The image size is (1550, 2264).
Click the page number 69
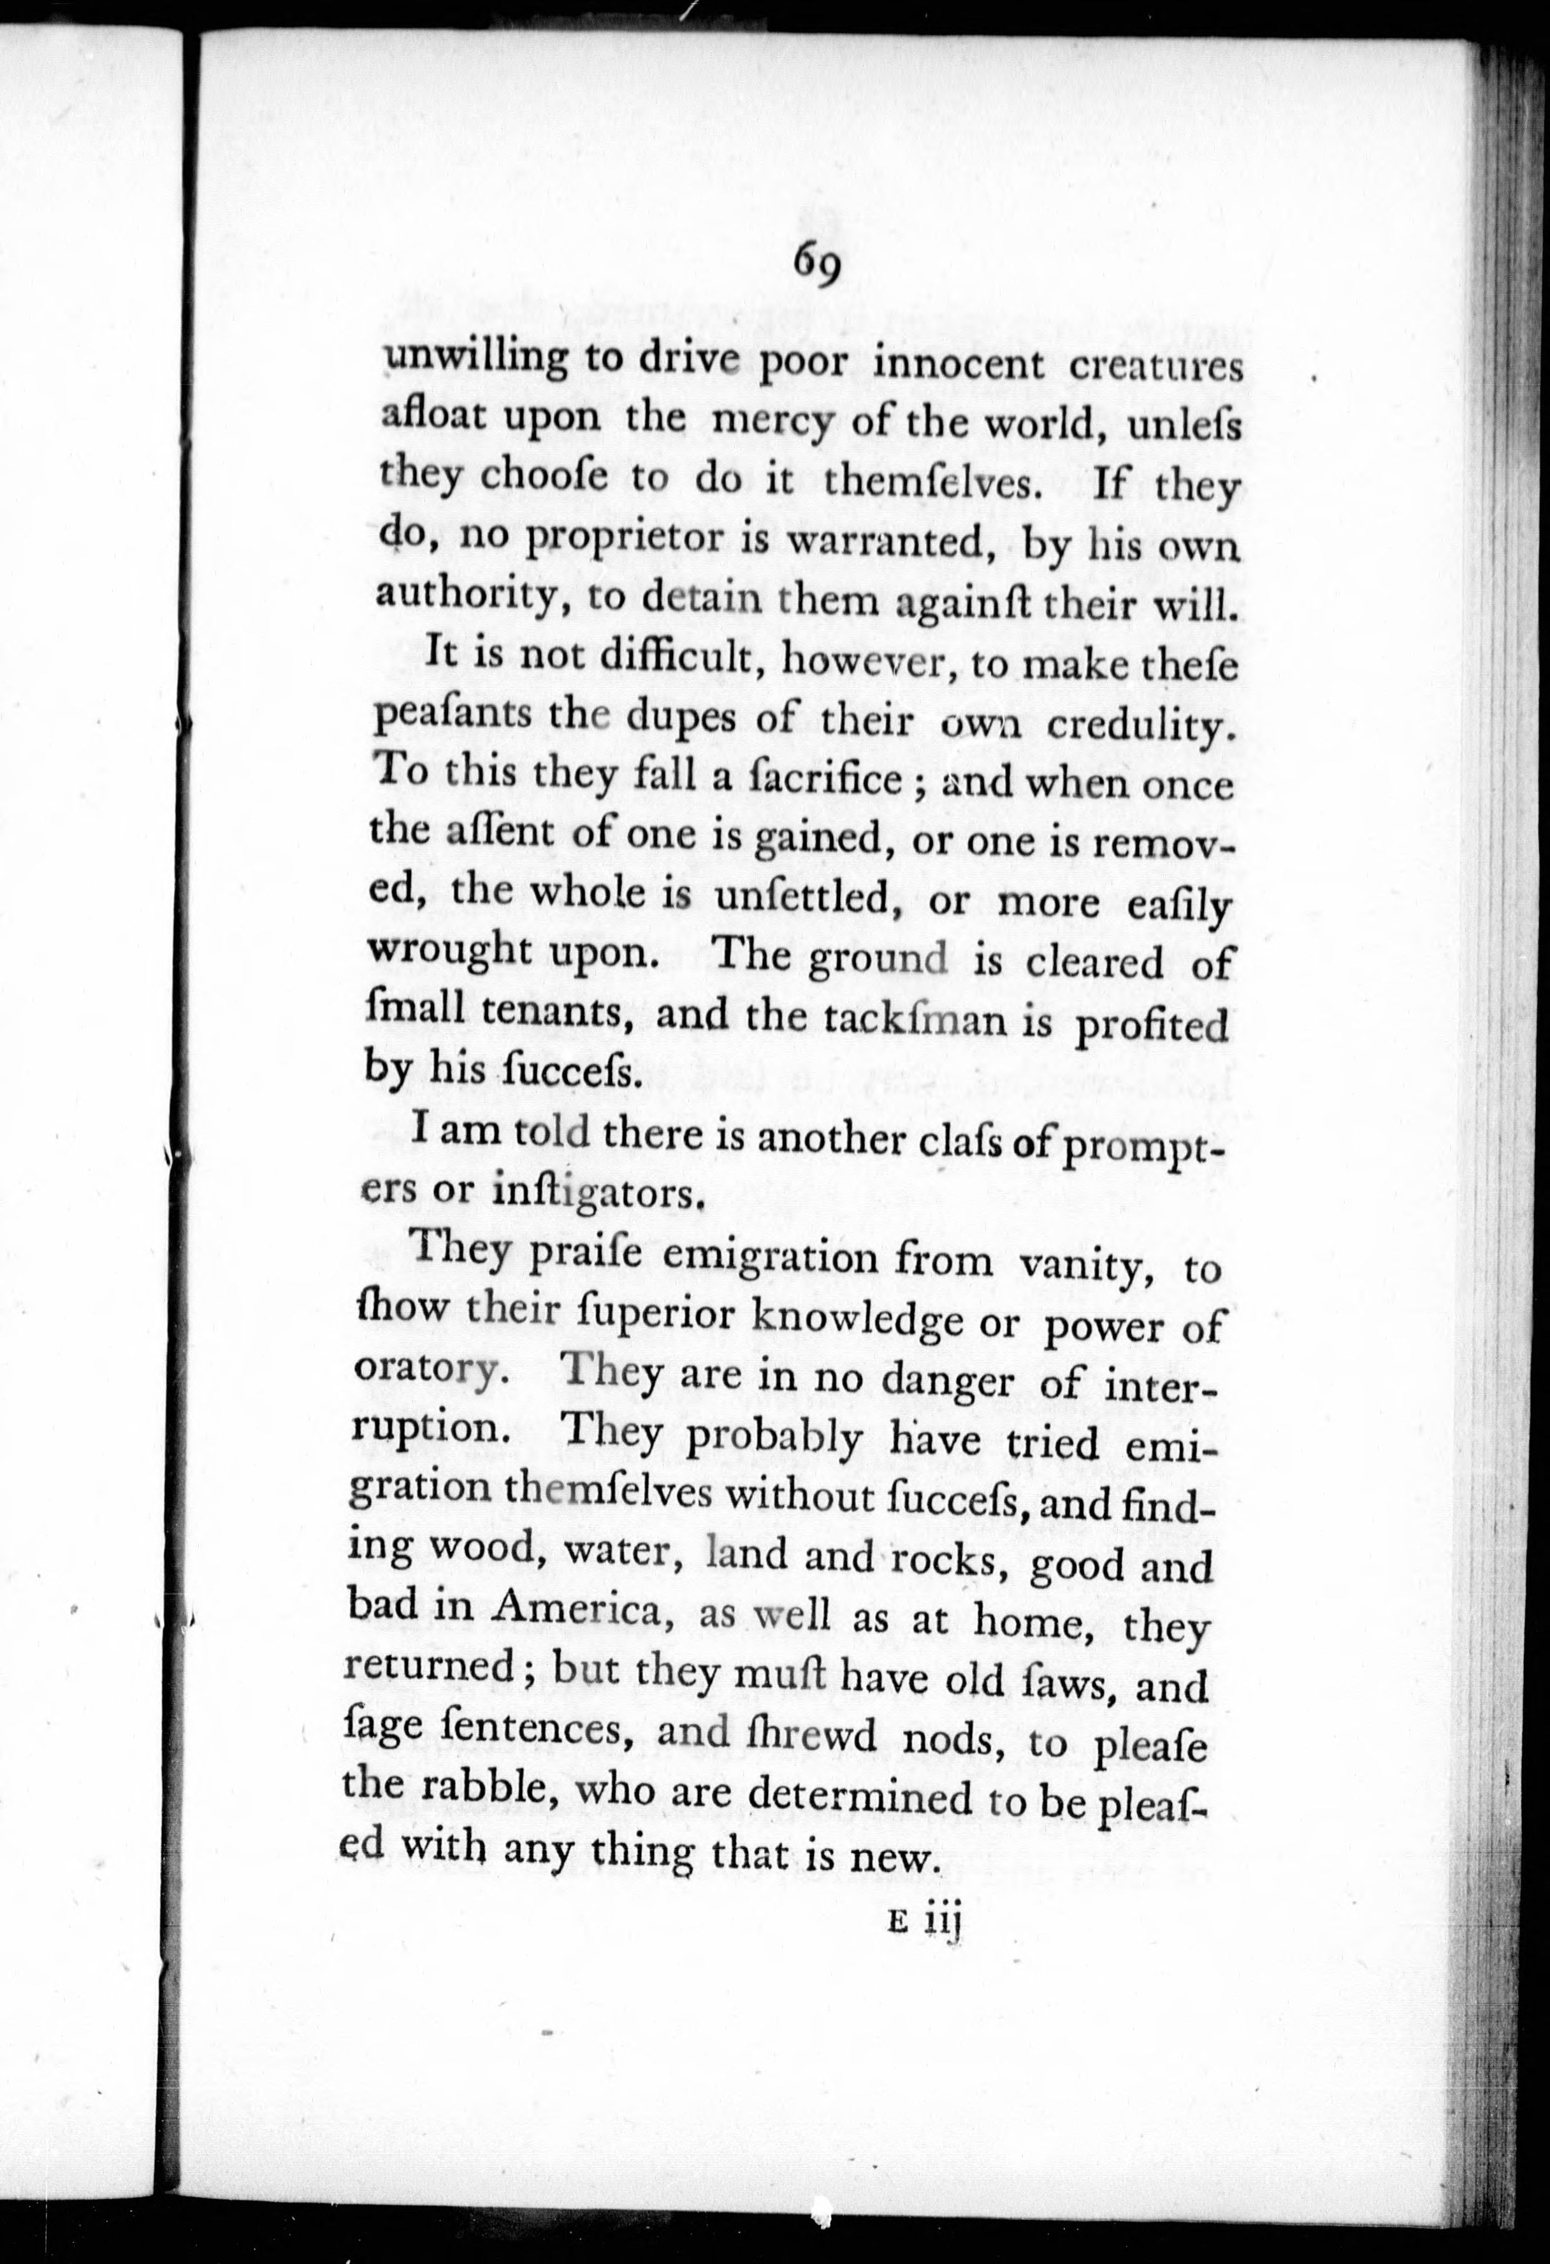[x=816, y=263]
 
